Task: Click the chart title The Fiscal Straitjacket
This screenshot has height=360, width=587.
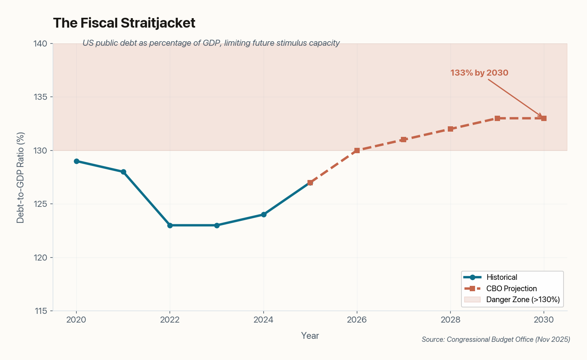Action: pyautogui.click(x=124, y=23)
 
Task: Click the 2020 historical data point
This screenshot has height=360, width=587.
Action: pyautogui.click(x=76, y=161)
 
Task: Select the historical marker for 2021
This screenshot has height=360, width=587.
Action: pyautogui.click(x=123, y=172)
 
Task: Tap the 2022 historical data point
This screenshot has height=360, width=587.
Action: pyautogui.click(x=170, y=225)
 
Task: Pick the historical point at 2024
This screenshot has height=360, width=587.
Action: pyautogui.click(x=264, y=214)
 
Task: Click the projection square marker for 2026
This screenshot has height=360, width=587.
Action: pyautogui.click(x=357, y=151)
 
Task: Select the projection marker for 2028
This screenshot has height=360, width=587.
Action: pyautogui.click(x=450, y=129)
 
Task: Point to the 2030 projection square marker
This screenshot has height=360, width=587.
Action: pyautogui.click(x=544, y=118)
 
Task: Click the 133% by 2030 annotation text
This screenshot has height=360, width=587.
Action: pyautogui.click(x=479, y=73)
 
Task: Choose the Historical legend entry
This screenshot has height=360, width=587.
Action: pyautogui.click(x=502, y=277)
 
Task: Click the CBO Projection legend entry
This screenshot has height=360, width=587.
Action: pyautogui.click(x=511, y=289)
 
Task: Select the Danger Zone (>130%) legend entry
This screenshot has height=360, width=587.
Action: pyautogui.click(x=523, y=300)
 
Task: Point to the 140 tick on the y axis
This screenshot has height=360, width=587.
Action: pyautogui.click(x=41, y=44)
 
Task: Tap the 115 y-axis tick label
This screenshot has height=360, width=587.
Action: pyautogui.click(x=41, y=311)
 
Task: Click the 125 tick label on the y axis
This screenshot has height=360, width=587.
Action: pyautogui.click(x=41, y=204)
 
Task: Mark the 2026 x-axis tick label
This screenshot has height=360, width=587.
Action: pyautogui.click(x=357, y=320)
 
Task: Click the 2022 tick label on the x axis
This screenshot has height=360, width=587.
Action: pyautogui.click(x=170, y=320)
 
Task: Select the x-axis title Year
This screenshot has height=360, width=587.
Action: pyautogui.click(x=310, y=336)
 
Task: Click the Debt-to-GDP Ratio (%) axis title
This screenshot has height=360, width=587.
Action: pyautogui.click(x=20, y=177)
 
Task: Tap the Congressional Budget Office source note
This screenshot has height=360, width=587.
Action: pyautogui.click(x=496, y=340)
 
